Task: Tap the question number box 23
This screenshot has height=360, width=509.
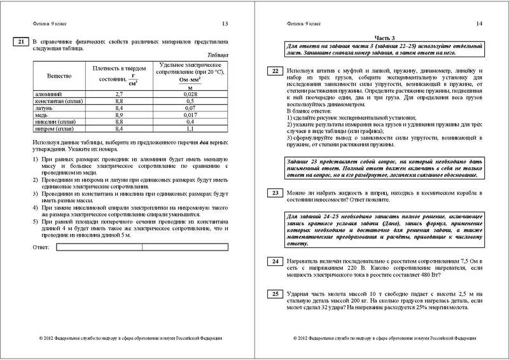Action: coord(273,192)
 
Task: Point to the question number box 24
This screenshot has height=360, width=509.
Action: coord(273,261)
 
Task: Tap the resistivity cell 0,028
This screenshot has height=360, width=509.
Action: coord(189,93)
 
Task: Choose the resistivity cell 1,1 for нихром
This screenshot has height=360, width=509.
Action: coord(189,128)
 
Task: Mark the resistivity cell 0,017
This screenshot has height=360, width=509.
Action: coord(189,114)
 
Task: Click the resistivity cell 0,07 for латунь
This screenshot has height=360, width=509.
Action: coord(189,107)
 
